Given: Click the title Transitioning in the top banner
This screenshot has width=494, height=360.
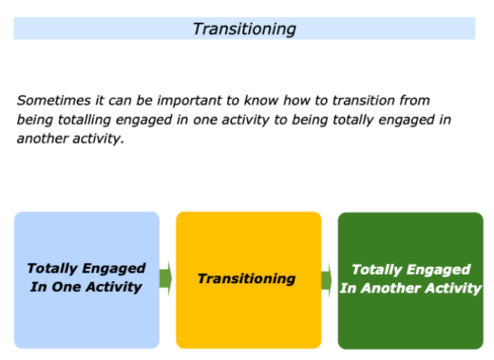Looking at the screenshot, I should click(x=244, y=28).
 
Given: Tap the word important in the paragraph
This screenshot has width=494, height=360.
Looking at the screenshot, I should click(x=195, y=99).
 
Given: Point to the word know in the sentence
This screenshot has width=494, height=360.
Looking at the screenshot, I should click(x=271, y=99).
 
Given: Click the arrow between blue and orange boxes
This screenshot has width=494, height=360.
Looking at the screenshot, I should click(x=166, y=279).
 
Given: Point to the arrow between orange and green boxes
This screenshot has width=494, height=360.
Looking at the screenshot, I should click(x=328, y=279).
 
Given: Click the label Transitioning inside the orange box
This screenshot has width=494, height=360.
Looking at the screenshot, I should click(x=247, y=279).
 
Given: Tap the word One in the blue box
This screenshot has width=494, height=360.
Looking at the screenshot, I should click(x=65, y=288).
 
